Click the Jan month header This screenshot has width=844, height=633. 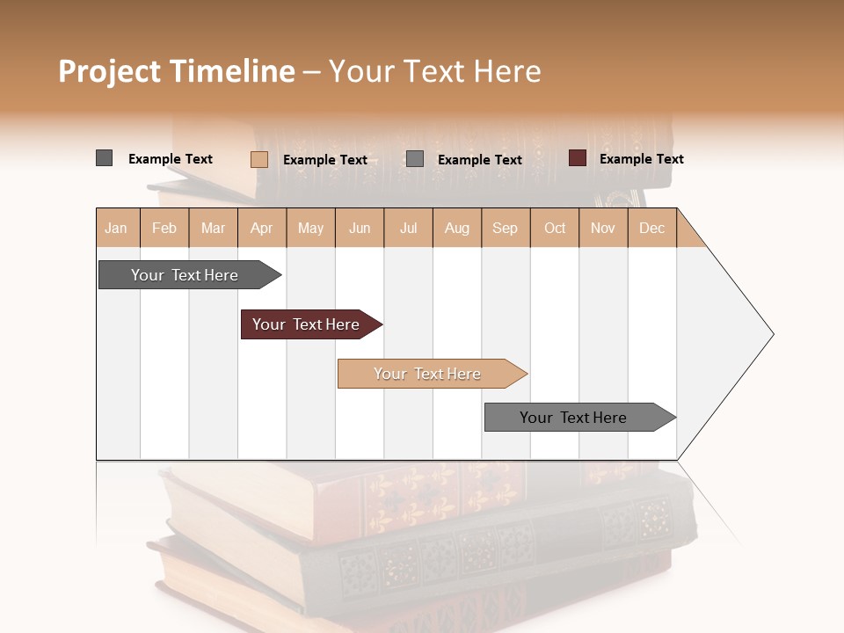click(x=116, y=228)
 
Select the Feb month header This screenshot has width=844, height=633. click(x=164, y=228)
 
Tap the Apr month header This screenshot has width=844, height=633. click(x=261, y=228)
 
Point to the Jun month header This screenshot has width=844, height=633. click(x=360, y=228)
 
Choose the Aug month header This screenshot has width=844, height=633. click(x=456, y=228)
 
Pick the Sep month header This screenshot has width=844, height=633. click(x=505, y=228)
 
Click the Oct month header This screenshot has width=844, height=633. click(x=555, y=228)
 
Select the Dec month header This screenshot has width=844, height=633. click(x=651, y=228)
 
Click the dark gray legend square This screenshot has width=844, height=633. click(x=105, y=158)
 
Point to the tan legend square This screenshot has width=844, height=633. click(x=258, y=159)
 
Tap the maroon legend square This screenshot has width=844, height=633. click(x=578, y=158)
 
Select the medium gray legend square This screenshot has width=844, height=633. click(x=415, y=159)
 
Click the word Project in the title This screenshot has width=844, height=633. click(x=109, y=71)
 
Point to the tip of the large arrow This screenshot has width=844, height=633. click(x=772, y=334)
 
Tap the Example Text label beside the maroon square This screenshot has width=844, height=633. click(x=641, y=159)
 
